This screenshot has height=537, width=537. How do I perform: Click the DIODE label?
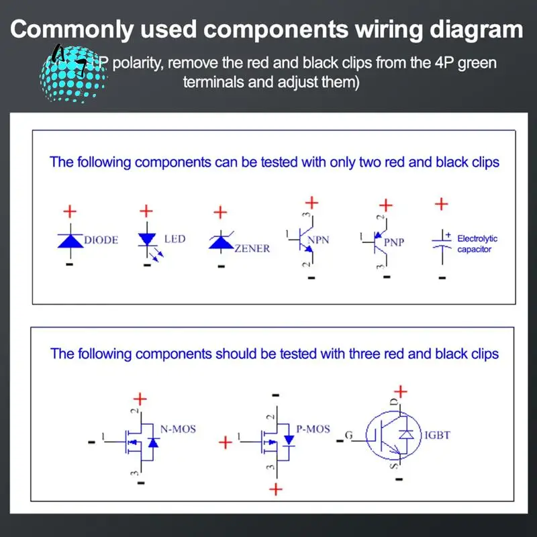[101, 240]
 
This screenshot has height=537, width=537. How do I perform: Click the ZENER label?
[252, 248]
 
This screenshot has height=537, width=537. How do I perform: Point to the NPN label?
[318, 240]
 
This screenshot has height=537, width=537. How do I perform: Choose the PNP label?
[394, 242]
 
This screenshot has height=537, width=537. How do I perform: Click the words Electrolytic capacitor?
[477, 244]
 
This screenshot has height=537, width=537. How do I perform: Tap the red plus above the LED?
[146, 211]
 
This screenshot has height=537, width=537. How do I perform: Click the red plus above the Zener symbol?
[219, 213]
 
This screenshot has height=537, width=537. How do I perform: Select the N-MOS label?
[178, 428]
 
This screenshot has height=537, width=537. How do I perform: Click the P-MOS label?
[313, 428]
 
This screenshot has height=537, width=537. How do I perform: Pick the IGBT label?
[437, 436]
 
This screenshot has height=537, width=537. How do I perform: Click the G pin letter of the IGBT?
[348, 436]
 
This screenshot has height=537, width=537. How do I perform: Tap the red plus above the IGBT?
[400, 391]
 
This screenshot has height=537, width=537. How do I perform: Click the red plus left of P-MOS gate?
[226, 442]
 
